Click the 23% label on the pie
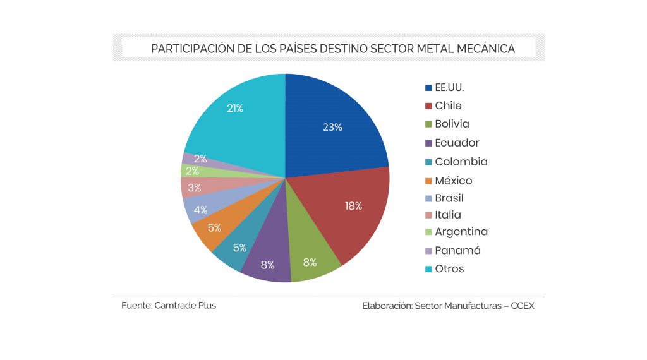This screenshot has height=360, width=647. click(332, 127)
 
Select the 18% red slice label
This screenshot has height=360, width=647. click(353, 206)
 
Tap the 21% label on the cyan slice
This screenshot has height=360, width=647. click(235, 108)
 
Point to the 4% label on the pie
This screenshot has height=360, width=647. click(201, 210)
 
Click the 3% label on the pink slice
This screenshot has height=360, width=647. click(195, 188)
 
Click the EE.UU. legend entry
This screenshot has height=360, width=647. click(449, 87)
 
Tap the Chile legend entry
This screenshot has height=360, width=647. click(448, 105)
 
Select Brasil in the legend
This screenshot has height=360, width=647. click(449, 198)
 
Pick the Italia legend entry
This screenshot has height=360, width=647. click(448, 215)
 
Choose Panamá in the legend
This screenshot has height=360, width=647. click(457, 251)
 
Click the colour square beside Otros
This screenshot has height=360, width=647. click(428, 269)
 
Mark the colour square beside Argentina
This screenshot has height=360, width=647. click(428, 232)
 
